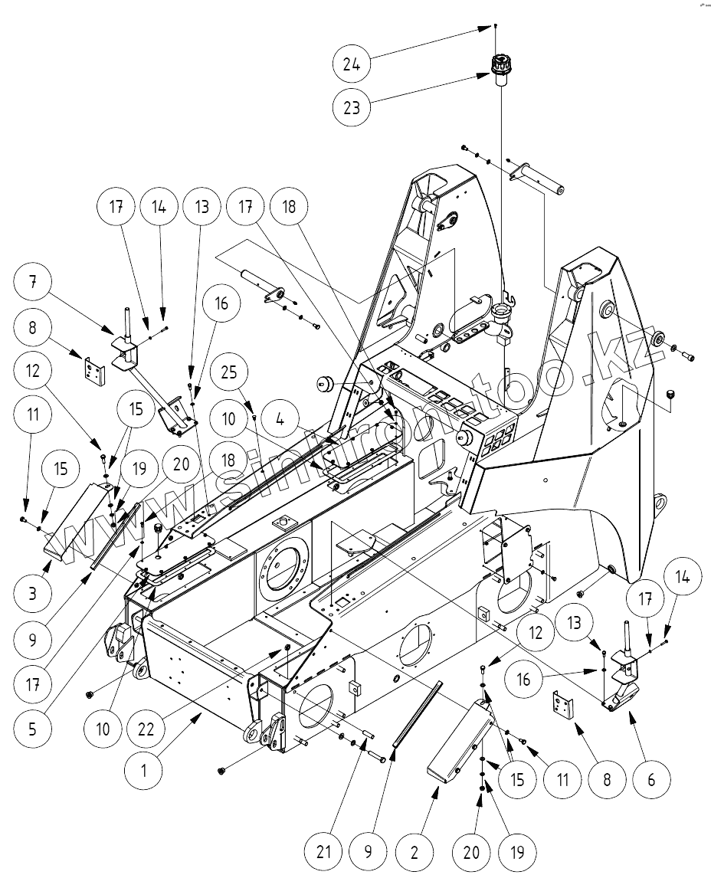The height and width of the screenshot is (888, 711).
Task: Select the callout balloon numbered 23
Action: (352, 106)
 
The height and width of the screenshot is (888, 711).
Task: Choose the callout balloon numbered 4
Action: (279, 423)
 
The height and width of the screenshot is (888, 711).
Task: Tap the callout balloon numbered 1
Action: (143, 769)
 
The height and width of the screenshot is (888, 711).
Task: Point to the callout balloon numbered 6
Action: (650, 780)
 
